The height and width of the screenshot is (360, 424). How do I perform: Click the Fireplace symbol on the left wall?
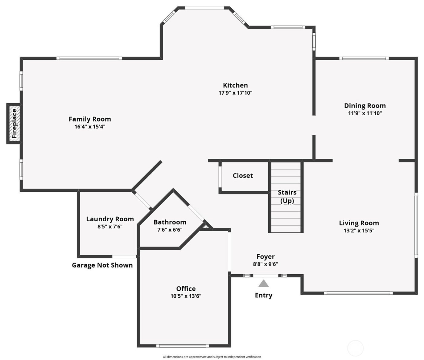tap(14, 124)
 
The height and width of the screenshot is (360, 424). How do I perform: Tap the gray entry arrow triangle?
tap(263, 284)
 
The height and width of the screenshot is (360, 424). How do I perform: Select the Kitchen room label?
tap(235, 85)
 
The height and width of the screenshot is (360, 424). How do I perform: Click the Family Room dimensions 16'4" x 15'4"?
tap(90, 127)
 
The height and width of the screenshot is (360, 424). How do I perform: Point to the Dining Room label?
tap(365, 106)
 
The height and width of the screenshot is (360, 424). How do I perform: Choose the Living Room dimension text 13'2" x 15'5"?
tap(359, 230)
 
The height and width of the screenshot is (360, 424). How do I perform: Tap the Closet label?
tap(243, 176)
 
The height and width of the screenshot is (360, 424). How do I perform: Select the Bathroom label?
tap(170, 222)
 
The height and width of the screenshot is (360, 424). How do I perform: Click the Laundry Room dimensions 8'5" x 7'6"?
tap(110, 226)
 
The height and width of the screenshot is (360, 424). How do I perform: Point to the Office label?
tap(186, 289)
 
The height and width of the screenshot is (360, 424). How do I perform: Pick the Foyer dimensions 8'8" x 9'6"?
tap(265, 264)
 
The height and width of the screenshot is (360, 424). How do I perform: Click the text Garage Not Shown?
tap(102, 265)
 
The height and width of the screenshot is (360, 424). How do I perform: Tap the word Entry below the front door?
tap(263, 295)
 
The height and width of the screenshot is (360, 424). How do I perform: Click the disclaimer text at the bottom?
tap(212, 357)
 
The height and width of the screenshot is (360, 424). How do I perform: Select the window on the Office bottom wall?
tap(183, 345)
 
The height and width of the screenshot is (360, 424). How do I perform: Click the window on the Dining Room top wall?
tap(364, 58)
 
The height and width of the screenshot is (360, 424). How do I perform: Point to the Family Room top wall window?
tap(89, 58)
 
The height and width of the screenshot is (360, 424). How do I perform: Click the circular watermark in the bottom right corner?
tap(355, 348)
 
